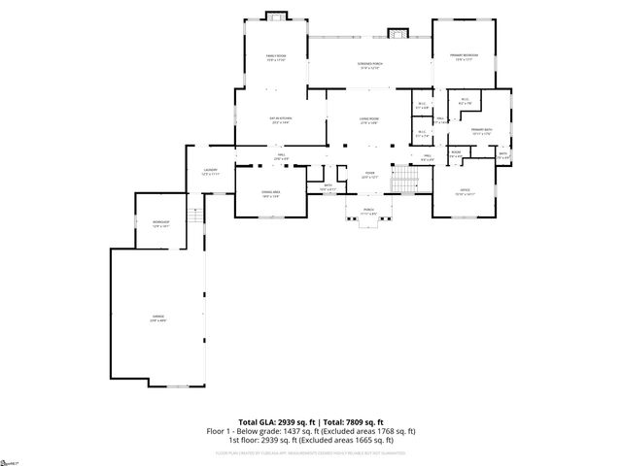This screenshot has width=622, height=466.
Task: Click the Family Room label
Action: (276, 57)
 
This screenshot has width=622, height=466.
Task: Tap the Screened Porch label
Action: (369, 64)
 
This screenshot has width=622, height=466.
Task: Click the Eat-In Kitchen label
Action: (282, 118)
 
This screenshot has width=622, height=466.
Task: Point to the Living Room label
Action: (368, 118)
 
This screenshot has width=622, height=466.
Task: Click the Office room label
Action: (465, 191)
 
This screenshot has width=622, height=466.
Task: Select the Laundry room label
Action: (209, 170)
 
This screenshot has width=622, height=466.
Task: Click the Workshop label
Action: (160, 223)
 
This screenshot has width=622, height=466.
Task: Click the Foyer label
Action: (369, 176)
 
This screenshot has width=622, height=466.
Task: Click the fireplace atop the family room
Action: (276, 16)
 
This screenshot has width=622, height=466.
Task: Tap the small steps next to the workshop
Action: (195, 222)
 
